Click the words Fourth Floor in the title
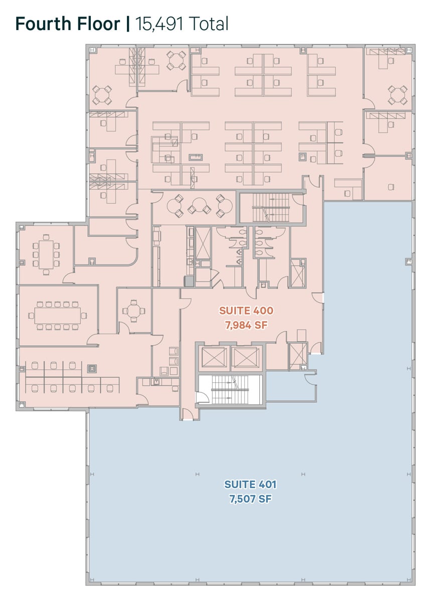click(x=67, y=24)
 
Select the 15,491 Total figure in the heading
click(x=182, y=24)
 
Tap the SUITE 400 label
click(x=246, y=311)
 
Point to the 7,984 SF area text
click(x=246, y=326)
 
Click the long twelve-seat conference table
click(x=58, y=316)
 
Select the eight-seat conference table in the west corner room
click(x=46, y=254)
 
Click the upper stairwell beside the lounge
click(x=272, y=208)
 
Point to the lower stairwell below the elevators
click(x=230, y=390)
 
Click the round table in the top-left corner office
click(x=102, y=95)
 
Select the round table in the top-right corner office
click(x=397, y=95)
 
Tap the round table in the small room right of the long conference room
click(x=133, y=311)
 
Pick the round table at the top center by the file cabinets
click(x=176, y=61)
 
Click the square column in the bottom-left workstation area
click(x=92, y=369)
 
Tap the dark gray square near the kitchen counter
click(x=189, y=281)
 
